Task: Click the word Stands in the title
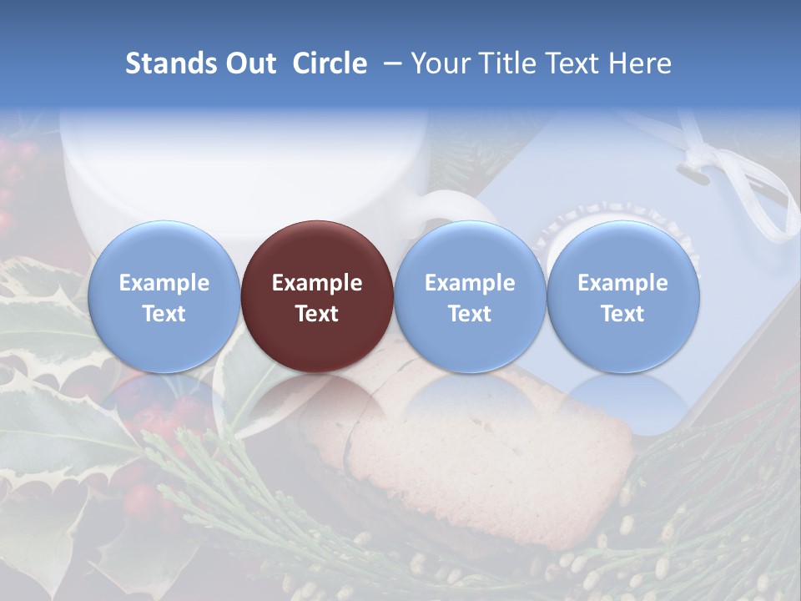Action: tap(168, 64)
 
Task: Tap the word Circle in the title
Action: tap(330, 64)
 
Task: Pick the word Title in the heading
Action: tap(510, 64)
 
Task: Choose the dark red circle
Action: tap(317, 297)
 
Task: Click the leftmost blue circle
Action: tap(164, 297)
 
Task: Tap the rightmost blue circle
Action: tap(622, 297)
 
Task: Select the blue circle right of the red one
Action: tap(470, 297)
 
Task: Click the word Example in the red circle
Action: tap(317, 283)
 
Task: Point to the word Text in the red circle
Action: tap(317, 314)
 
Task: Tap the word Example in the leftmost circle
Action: tap(164, 283)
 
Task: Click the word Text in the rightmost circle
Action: tap(622, 314)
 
